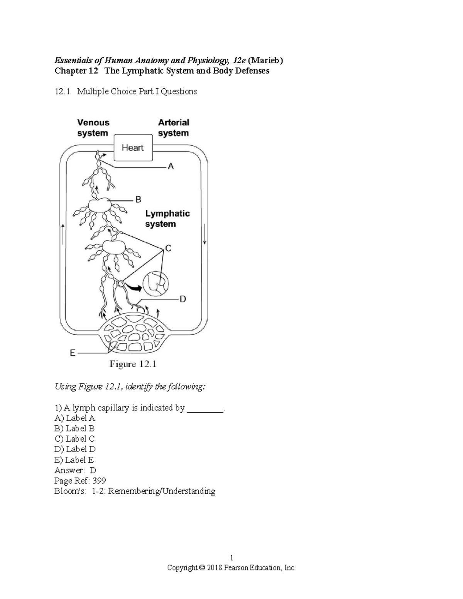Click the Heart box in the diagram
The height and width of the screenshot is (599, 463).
133,148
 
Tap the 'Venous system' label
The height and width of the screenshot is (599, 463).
93,128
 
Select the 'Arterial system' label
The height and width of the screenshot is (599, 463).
173,128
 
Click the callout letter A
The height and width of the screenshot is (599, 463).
171,167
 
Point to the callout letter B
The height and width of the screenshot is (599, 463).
138,199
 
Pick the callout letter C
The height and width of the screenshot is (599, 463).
168,248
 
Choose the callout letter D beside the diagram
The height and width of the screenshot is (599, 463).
183,299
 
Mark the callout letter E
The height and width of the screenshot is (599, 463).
72,353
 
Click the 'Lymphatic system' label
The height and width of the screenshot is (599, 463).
167,219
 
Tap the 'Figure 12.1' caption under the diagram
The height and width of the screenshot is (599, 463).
133,364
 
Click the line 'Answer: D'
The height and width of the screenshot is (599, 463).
75,470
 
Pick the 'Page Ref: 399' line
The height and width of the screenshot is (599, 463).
80,481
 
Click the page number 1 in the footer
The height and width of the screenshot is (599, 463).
231,558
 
